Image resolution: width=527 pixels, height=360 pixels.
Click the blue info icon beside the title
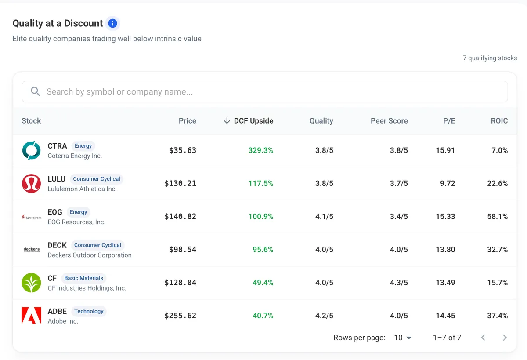[112, 23]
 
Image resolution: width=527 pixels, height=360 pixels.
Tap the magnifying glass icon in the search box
[35, 91]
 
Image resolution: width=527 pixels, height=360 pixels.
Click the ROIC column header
[499, 121]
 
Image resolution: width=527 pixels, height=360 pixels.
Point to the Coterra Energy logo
[31, 150]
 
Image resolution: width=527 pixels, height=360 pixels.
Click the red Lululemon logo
[31, 183]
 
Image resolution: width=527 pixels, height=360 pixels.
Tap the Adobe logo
[31, 316]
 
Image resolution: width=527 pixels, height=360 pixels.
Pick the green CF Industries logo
[31, 283]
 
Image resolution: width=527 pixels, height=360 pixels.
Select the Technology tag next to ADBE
[89, 311]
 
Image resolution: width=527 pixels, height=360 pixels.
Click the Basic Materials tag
[83, 278]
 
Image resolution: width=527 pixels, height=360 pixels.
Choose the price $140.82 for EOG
[180, 216]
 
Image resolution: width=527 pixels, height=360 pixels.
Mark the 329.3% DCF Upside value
[261, 150]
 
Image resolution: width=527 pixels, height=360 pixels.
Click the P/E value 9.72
[448, 183]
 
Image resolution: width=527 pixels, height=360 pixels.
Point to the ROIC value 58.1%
[497, 216]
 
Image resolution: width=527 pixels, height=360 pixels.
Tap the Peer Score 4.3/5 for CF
[399, 283]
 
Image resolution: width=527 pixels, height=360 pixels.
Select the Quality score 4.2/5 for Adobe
[324, 316]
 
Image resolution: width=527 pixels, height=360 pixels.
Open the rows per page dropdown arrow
[409, 338]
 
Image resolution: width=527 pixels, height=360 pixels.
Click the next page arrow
[505, 338]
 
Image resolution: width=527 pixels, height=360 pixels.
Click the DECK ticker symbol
[57, 245]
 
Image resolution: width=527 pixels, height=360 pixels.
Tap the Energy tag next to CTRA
[83, 146]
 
